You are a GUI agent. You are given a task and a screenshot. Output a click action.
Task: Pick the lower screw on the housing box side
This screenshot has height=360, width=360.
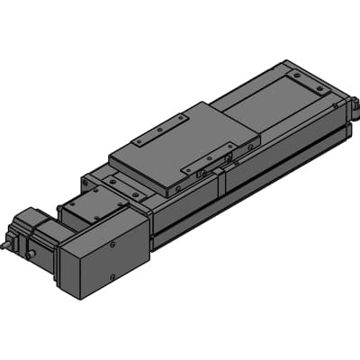[112, 277]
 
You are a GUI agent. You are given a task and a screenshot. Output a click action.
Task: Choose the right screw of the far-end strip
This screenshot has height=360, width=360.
[321, 91]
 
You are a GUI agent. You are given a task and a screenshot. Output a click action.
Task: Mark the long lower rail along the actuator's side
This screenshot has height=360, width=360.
[252, 184]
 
